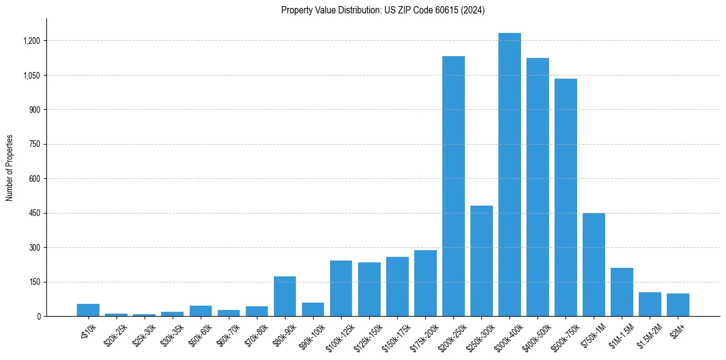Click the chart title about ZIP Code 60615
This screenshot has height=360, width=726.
pyautogui.click(x=383, y=10)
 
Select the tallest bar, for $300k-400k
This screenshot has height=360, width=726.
pyautogui.click(x=509, y=175)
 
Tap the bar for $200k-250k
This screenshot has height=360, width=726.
pyautogui.click(x=453, y=186)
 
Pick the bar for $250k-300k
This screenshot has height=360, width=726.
pyautogui.click(x=481, y=261)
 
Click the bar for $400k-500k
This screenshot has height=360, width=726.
pyautogui.click(x=537, y=187)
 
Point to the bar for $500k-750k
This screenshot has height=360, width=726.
pyautogui.click(x=566, y=198)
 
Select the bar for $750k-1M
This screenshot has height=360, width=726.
pyautogui.click(x=594, y=265)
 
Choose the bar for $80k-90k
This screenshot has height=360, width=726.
pyautogui.click(x=285, y=297)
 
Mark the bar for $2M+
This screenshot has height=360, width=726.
pyautogui.click(x=678, y=305)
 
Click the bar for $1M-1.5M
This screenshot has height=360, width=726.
pyautogui.click(x=622, y=292)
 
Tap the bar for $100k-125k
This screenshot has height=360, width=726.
pyautogui.click(x=341, y=289)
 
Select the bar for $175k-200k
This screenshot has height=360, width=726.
pyautogui.click(x=425, y=283)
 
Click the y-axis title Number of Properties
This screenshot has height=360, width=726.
pyautogui.click(x=10, y=168)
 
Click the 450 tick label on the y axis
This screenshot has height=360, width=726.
pyautogui.click(x=35, y=214)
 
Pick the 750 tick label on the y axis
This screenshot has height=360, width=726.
pyautogui.click(x=35, y=145)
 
